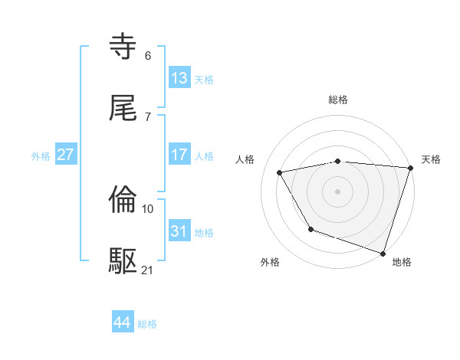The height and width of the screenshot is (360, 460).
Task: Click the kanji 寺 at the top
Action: (123, 47)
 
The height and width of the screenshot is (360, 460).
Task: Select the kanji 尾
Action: (123, 108)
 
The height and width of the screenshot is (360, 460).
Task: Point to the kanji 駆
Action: (123, 261)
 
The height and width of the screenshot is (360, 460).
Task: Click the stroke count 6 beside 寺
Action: (148, 55)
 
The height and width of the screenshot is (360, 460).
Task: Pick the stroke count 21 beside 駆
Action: (148, 270)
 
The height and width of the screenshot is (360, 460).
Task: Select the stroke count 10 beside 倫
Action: (148, 208)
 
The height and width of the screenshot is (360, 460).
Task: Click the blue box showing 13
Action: (179, 78)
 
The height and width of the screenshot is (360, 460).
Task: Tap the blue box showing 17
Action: (179, 155)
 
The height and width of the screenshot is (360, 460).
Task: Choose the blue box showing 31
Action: (179, 231)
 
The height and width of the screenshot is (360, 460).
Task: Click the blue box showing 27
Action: (66, 155)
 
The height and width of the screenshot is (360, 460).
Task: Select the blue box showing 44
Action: (123, 322)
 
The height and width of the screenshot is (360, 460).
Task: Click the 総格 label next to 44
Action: (147, 324)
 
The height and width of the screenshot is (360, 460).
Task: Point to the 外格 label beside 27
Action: (41, 155)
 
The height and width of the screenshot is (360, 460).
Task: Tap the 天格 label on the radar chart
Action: (432, 159)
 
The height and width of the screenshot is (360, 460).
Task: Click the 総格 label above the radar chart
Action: (338, 100)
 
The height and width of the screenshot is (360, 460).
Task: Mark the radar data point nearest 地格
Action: (383, 253)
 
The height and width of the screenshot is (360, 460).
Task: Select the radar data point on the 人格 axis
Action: (280, 172)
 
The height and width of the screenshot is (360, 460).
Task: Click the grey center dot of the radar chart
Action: (337, 191)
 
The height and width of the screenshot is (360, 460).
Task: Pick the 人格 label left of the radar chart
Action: (246, 159)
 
